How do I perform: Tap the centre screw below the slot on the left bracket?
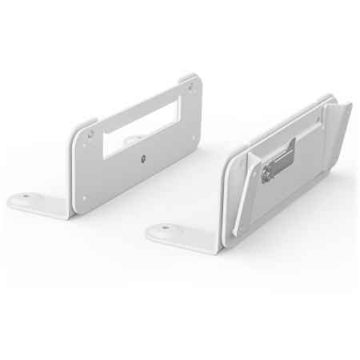pyautogui.click(x=142, y=158)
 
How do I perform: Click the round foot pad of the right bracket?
pyautogui.click(x=165, y=230)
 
